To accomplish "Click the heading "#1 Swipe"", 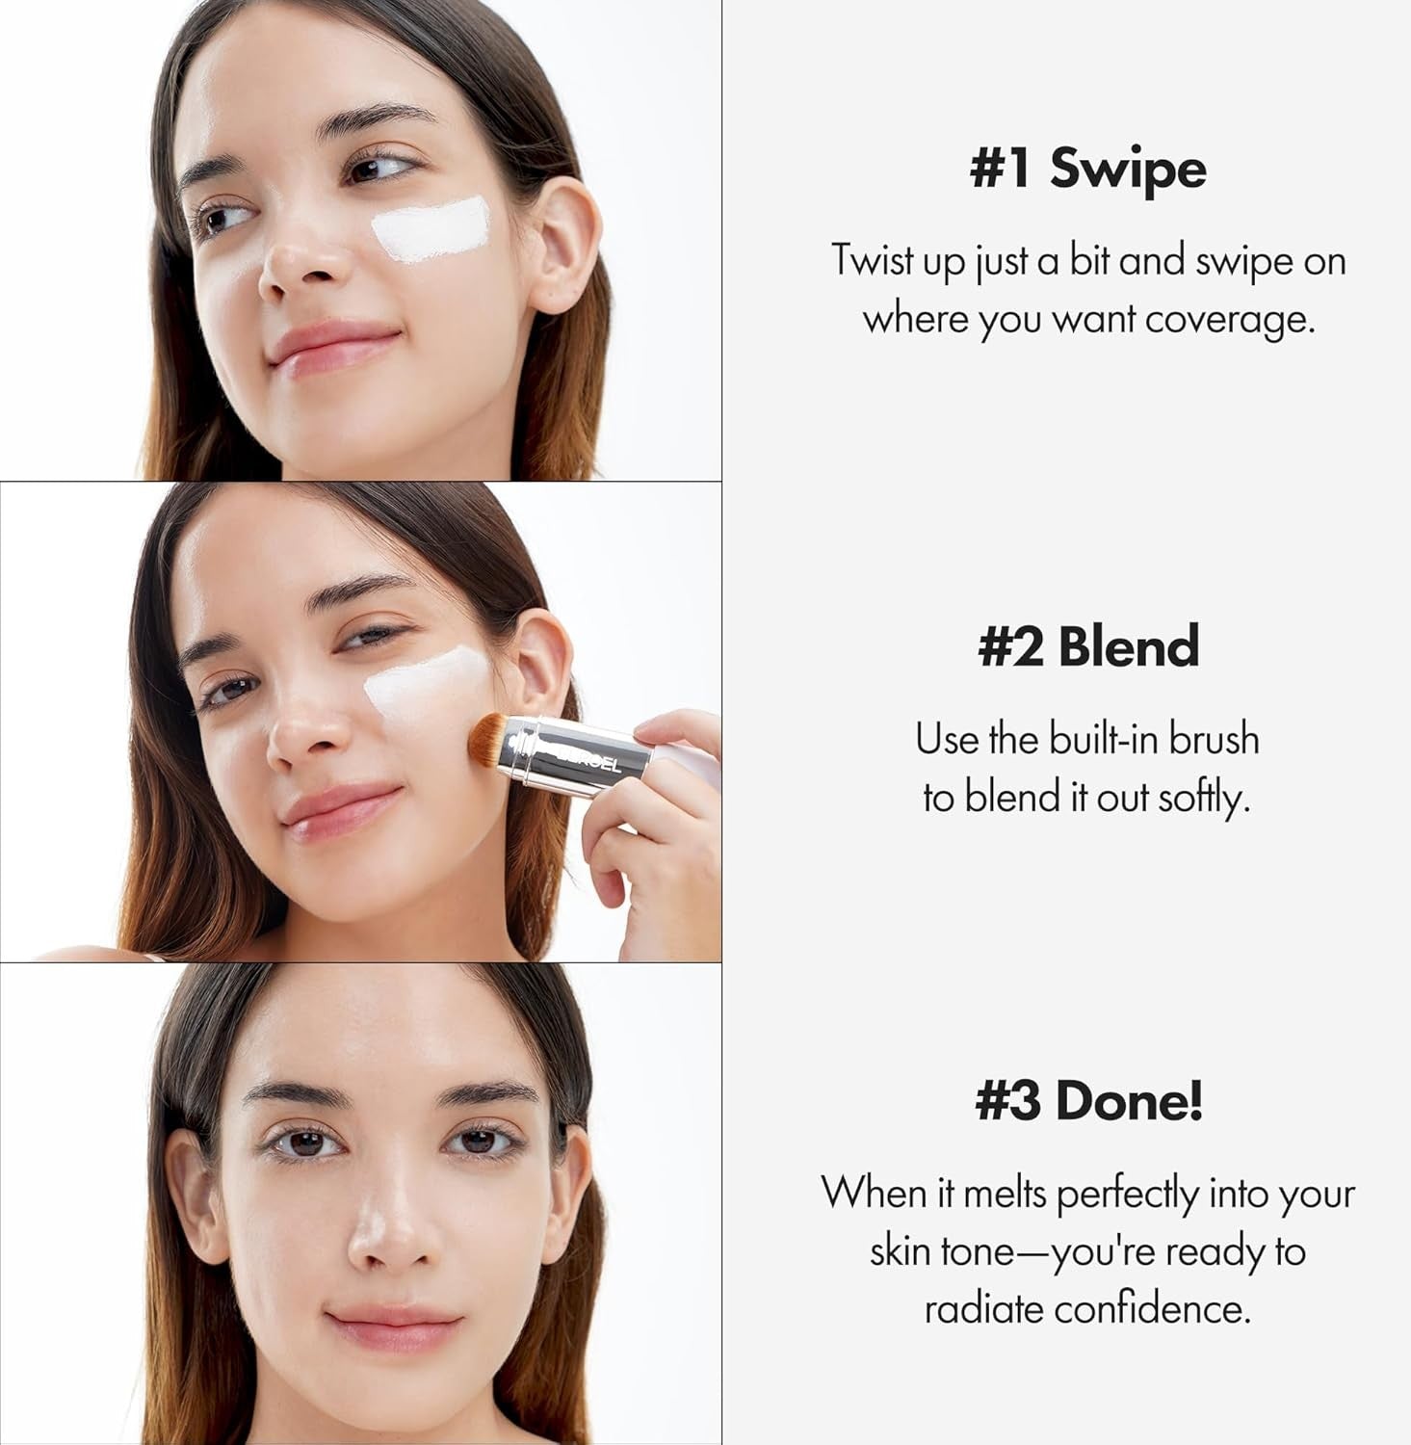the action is [1087, 169].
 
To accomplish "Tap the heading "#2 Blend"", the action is [1088, 645].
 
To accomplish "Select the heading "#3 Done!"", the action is [1089, 1100].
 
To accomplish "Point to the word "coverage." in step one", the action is [1230, 319].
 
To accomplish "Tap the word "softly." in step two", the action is [1203, 797].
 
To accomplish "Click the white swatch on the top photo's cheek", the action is [431, 228].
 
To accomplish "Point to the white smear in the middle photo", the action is [424, 689].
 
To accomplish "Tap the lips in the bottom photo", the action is [393, 1327].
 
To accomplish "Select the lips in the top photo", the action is [333, 345].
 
